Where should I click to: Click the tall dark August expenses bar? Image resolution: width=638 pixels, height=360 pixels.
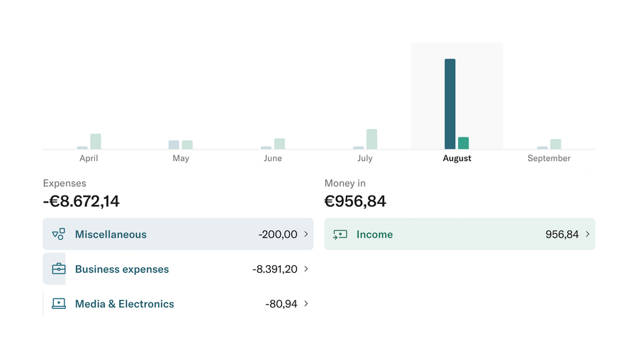[449, 103]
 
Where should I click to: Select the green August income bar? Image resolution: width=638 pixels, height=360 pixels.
[463, 142]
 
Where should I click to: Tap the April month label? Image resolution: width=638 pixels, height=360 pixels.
[89, 158]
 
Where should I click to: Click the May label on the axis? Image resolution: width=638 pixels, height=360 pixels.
[181, 158]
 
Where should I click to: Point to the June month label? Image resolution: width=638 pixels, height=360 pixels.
[273, 158]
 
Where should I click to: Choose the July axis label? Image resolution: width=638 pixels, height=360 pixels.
[365, 158]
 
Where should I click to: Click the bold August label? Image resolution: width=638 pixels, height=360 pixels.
[457, 158]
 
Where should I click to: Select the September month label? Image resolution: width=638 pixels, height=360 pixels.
[549, 158]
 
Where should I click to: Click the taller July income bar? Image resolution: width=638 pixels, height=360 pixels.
[371, 139]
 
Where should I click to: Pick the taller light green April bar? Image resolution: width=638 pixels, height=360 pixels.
[96, 141]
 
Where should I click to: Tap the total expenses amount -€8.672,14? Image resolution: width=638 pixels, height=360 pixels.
[82, 201]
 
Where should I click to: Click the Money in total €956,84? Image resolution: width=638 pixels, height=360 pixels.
[355, 201]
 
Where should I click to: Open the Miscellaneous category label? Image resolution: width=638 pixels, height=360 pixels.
[111, 235]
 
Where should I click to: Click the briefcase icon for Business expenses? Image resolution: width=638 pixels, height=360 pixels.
[59, 269]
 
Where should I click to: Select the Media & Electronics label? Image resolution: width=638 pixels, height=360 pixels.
[124, 304]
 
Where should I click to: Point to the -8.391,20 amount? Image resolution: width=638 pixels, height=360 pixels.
[275, 269]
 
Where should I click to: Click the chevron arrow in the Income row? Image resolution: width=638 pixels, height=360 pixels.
[588, 234]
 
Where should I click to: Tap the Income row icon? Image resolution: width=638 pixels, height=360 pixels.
[340, 235]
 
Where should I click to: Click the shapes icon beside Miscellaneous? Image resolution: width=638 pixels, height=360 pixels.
[59, 235]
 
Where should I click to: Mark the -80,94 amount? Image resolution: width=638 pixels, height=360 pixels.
[281, 304]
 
